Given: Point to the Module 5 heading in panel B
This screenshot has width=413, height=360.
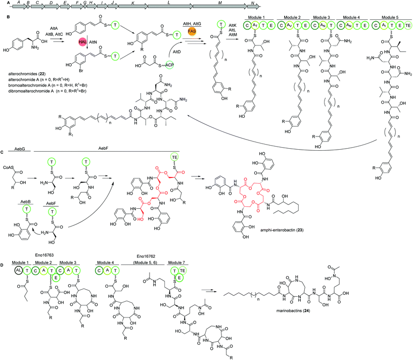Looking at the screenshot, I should coord(387,21).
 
